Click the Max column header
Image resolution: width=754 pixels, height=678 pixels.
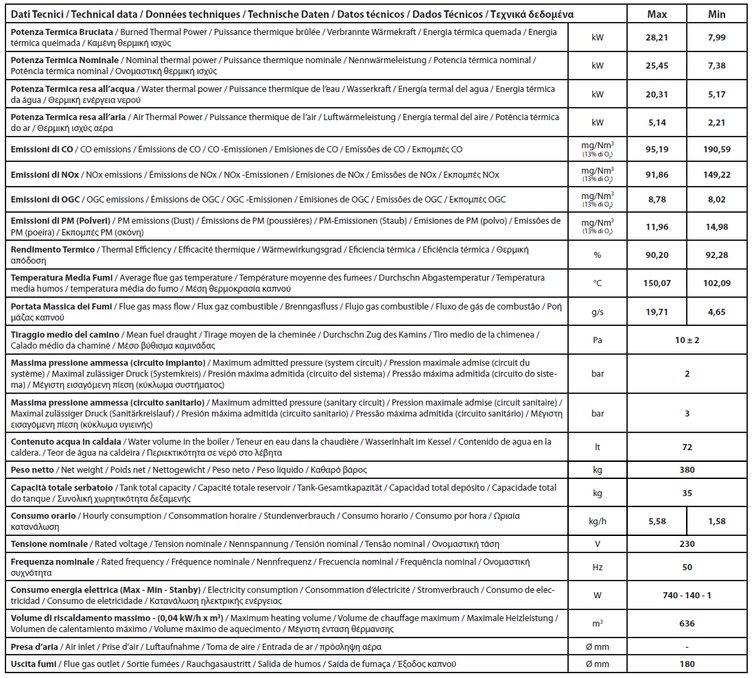click(657, 14)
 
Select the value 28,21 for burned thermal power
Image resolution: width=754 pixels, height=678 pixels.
click(657, 38)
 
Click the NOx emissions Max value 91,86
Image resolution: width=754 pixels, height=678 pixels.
click(657, 175)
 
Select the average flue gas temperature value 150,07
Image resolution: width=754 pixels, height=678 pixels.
click(657, 283)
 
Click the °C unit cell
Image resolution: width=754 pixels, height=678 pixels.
click(597, 283)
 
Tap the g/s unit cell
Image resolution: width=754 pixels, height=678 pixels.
click(597, 312)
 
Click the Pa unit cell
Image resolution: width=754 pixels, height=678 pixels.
click(597, 340)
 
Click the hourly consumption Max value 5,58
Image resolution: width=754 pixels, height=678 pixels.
click(657, 522)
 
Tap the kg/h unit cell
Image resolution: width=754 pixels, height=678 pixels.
click(597, 522)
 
